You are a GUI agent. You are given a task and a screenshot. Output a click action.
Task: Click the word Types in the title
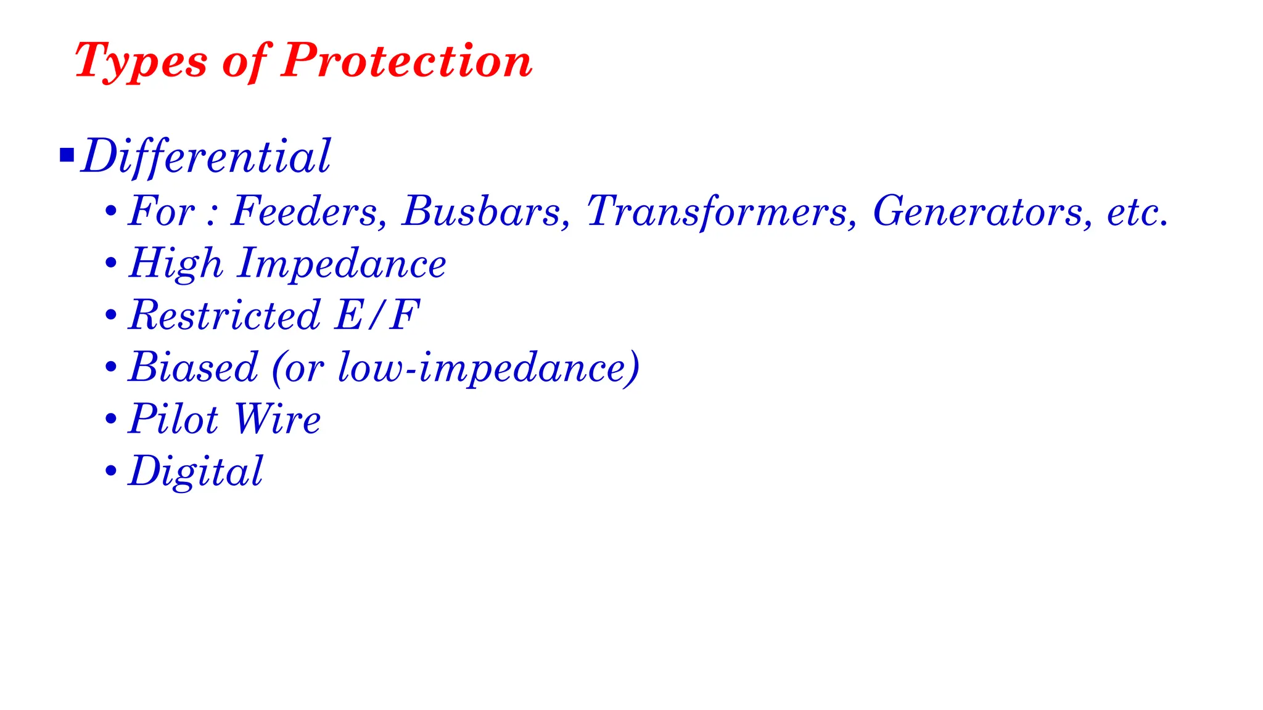pyautogui.click(x=141, y=62)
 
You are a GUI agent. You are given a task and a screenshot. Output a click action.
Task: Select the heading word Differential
pyautogui.click(x=207, y=156)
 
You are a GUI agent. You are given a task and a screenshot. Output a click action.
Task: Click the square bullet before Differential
pyautogui.click(x=67, y=155)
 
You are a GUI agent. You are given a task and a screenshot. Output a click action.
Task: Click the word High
pyautogui.click(x=176, y=264)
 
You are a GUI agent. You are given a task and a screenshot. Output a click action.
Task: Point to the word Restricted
pyautogui.click(x=224, y=315)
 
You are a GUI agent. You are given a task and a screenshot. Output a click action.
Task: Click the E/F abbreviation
pyautogui.click(x=377, y=315)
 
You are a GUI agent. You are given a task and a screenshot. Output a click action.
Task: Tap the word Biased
pyautogui.click(x=193, y=367)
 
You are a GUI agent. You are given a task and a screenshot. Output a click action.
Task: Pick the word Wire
pyautogui.click(x=278, y=419)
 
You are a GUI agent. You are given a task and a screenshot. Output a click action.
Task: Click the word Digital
pyautogui.click(x=196, y=471)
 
